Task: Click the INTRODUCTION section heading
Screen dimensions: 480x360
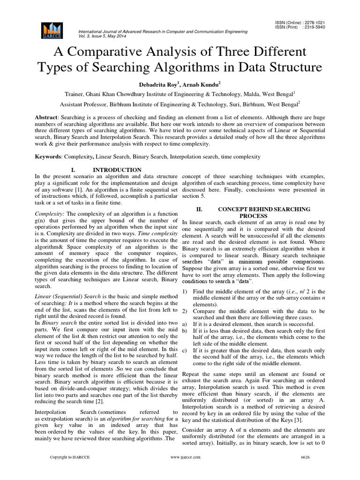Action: (117, 169)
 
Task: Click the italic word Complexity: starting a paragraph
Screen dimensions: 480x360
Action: (50, 213)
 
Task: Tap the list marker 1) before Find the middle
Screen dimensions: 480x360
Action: (185, 292)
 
